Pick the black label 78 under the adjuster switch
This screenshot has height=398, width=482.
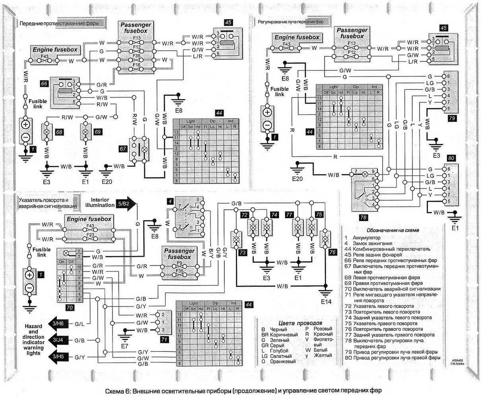pyautogui.click(x=363, y=217)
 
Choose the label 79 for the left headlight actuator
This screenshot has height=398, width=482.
pyautogui.click(x=451, y=118)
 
